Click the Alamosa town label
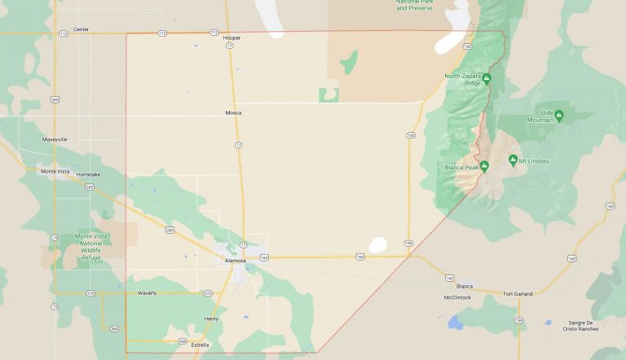tap(236, 260)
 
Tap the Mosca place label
tap(233, 112)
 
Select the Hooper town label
tap(232, 37)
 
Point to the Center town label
tap(81, 29)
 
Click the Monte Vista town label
tap(54, 171)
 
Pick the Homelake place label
tap(88, 174)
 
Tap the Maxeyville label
tap(55, 139)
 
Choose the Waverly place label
tap(147, 292)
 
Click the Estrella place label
tap(199, 345)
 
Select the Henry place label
tap(211, 318)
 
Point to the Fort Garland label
tap(518, 293)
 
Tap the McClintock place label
tap(457, 297)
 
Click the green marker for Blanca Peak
tap(484, 167)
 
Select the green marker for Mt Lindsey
tap(513, 160)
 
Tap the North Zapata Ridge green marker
tap(487, 78)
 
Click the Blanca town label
tap(465, 286)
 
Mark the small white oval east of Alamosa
tap(377, 244)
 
